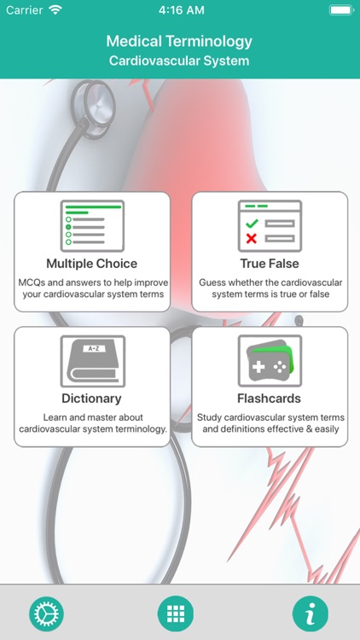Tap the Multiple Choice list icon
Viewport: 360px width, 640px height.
[92, 224]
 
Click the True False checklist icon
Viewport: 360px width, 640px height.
[270, 224]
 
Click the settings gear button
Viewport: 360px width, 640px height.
[47, 614]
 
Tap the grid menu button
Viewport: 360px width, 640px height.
[176, 614]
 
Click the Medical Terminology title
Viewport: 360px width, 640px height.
[179, 41]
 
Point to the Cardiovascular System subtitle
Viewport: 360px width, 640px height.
[179, 61]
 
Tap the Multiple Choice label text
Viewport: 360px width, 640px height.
[91, 264]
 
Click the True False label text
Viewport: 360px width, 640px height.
[270, 264]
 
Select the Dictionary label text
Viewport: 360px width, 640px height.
[91, 399]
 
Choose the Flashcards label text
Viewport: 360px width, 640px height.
[270, 399]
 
